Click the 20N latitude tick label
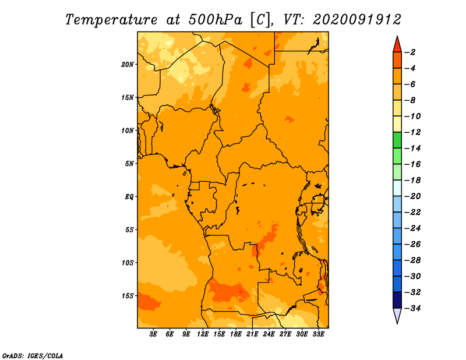pos(128,65)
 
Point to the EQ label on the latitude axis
pos(129,197)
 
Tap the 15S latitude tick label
pos(128,296)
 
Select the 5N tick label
pos(129,164)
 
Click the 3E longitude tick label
pos(153,334)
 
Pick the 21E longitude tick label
pos(252,334)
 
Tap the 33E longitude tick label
pos(318,334)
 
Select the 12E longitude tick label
pos(203,334)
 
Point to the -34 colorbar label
pos(412,308)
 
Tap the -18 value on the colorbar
pos(412,180)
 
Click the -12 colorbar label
pos(412,132)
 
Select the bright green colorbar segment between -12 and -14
pos(397,140)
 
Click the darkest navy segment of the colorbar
pos(397,300)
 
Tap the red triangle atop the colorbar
pos(397,44)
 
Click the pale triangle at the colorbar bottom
pos(397,316)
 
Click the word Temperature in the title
pos(111,20)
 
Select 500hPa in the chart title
pos(216,20)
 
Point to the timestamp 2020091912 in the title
pos(357,20)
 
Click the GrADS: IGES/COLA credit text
pos(33,356)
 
